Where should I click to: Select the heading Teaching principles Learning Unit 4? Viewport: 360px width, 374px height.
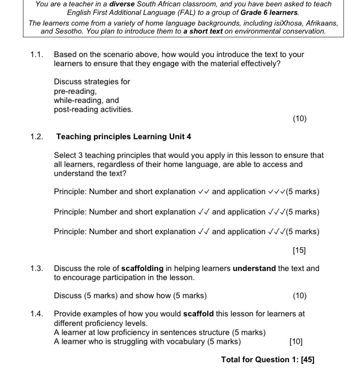[x=123, y=137]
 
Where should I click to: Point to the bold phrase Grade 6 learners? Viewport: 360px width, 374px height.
[x=270, y=11]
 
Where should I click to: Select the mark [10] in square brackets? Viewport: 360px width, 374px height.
[x=295, y=341]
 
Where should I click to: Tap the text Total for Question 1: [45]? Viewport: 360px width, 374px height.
[x=268, y=360]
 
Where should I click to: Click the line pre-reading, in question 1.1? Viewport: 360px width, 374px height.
[x=74, y=91]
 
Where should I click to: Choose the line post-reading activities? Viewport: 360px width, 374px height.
[x=93, y=109]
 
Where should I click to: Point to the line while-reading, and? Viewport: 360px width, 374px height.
[x=86, y=100]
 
